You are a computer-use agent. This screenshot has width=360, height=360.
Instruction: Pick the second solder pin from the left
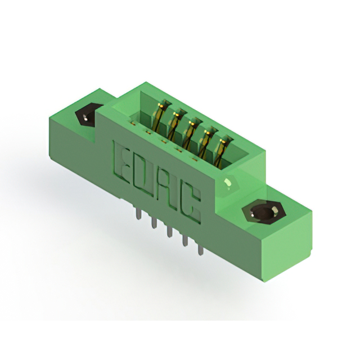[x=153, y=223]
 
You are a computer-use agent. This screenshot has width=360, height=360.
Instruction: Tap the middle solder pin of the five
[x=169, y=231]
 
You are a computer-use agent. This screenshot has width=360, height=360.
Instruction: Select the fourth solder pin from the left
[x=185, y=240]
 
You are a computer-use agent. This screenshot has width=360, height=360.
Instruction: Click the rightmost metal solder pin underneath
[x=201, y=250]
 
